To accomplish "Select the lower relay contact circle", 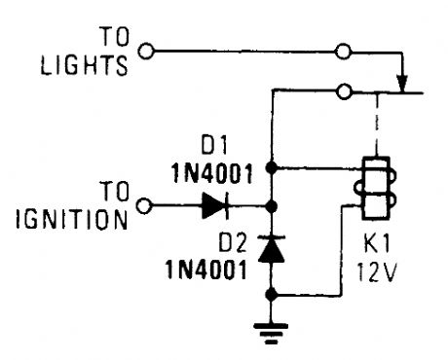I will [x=343, y=93].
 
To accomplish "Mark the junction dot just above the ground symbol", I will [x=273, y=292].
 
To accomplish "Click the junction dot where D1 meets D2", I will [x=273, y=206].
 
